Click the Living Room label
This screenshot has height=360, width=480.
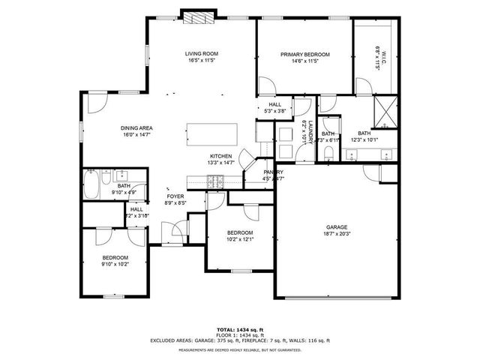pyautogui.click(x=201, y=53)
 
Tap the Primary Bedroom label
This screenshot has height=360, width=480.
pyautogui.click(x=305, y=54)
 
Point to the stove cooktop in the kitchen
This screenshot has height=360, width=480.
pyautogui.click(x=215, y=180)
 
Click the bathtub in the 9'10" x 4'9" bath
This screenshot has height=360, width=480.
pyautogui.click(x=91, y=184)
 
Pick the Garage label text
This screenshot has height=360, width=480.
pyautogui.click(x=336, y=226)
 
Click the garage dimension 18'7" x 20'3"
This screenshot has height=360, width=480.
pyautogui.click(x=336, y=233)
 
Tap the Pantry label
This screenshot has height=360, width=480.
pyautogui.click(x=273, y=172)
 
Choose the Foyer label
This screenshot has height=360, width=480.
pyautogui.click(x=175, y=196)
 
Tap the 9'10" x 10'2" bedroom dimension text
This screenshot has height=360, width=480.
pyautogui.click(x=115, y=264)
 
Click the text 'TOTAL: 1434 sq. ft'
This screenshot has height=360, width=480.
pyautogui.click(x=240, y=330)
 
